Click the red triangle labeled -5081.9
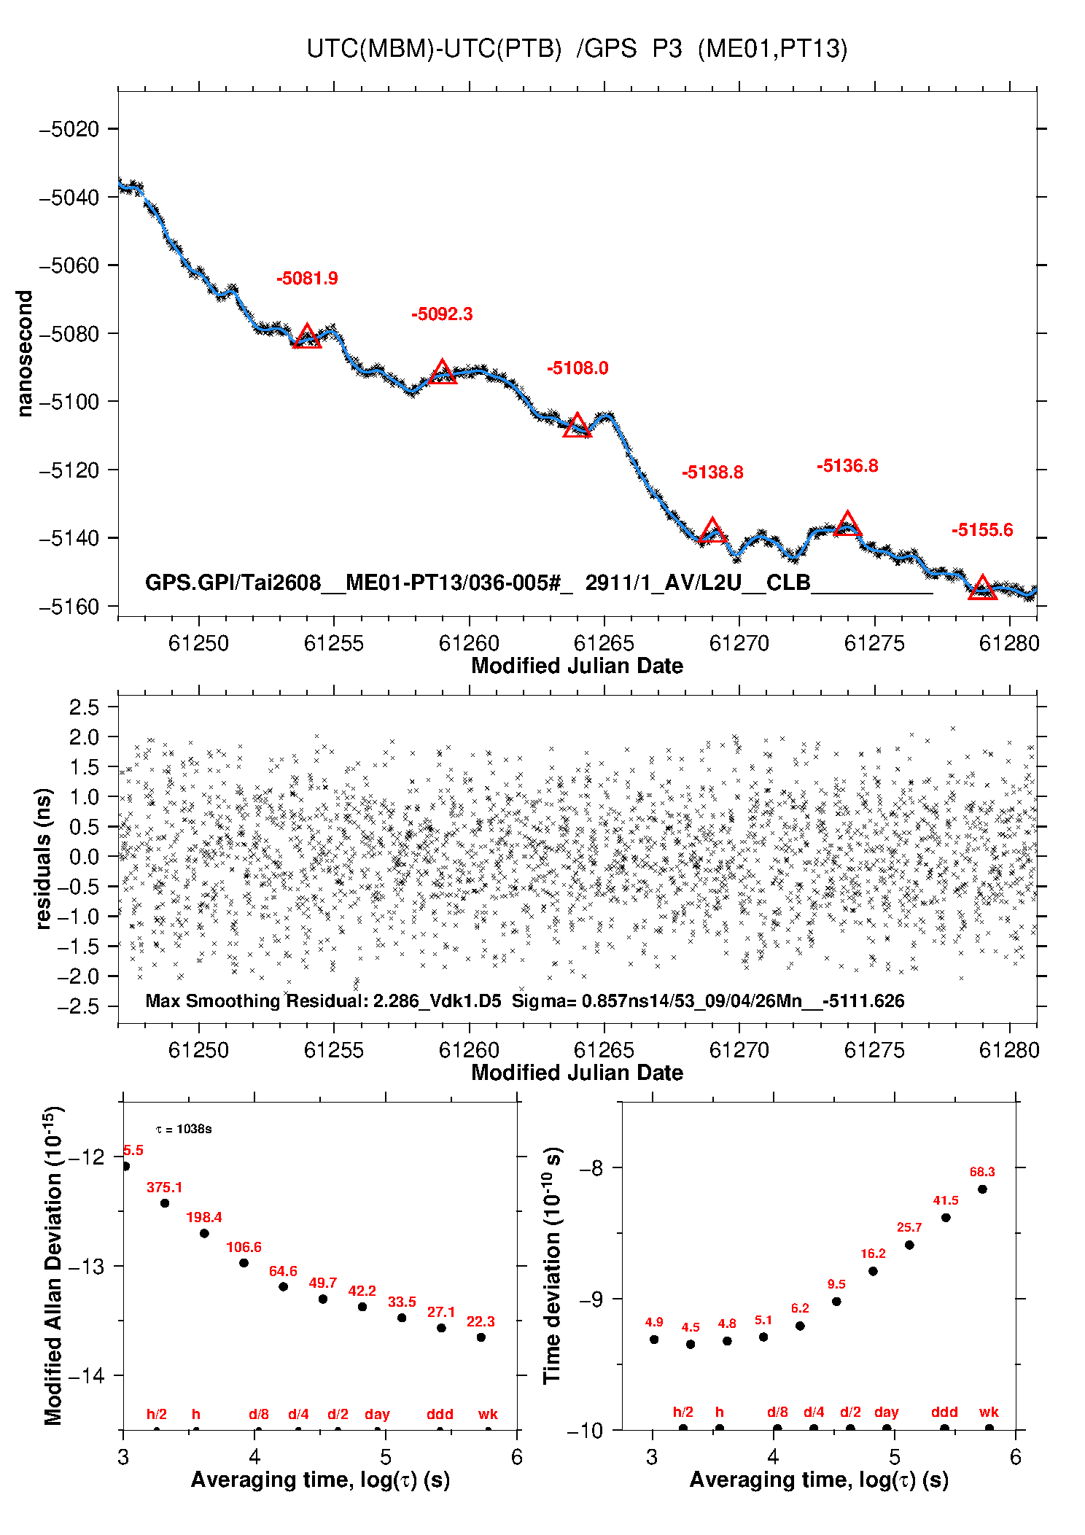coord(307,337)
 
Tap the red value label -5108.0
coord(577,368)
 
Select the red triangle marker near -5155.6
coord(982,588)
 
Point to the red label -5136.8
coord(847,466)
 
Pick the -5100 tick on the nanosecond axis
coord(69,402)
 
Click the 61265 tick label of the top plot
coord(604,643)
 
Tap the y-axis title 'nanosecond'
coord(25,354)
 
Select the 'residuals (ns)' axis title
coord(43,858)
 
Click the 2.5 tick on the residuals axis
coord(84,707)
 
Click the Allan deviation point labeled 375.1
coord(165,1203)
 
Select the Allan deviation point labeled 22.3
coord(481,1337)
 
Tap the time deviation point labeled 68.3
coord(982,1189)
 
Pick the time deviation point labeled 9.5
coord(836,1302)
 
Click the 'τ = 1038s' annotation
coord(184,1130)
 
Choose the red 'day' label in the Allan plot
coord(377,1414)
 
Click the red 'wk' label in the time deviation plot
coord(989,1412)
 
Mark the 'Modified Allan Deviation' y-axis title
coord(52,1265)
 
